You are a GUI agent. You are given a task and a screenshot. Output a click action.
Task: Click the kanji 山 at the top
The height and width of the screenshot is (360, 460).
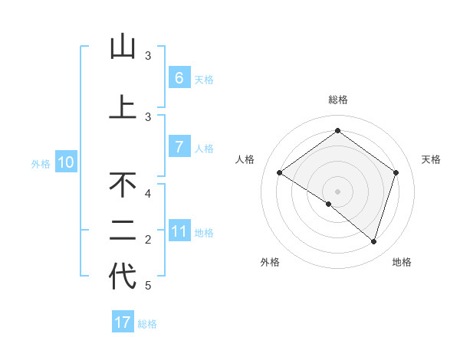pyautogui.click(x=123, y=47)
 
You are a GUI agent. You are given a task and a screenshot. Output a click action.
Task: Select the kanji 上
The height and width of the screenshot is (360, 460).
pyautogui.click(x=123, y=107)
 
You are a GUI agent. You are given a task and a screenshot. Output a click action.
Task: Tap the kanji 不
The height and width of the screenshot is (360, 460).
pyautogui.click(x=123, y=185)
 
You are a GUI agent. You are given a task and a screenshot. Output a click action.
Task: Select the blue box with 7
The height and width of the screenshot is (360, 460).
pyautogui.click(x=179, y=147)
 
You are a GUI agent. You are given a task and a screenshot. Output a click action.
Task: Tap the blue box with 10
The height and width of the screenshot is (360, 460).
pyautogui.click(x=66, y=162)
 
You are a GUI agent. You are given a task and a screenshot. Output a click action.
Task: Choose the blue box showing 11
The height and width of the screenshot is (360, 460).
pyautogui.click(x=179, y=231)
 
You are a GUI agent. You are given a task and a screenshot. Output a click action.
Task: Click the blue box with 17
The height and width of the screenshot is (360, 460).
pyautogui.click(x=123, y=322)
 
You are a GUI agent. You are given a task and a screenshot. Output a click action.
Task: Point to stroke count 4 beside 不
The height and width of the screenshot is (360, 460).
pyautogui.click(x=148, y=193)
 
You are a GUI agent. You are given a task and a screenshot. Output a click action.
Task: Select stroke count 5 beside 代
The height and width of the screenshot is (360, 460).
pyautogui.click(x=148, y=286)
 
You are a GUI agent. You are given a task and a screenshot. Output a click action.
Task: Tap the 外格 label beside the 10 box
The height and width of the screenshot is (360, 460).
pyautogui.click(x=40, y=163)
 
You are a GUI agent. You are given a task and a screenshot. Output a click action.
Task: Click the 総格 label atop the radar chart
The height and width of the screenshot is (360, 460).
pyautogui.click(x=337, y=100)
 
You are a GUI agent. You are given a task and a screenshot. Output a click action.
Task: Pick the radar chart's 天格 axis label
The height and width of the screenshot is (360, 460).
pyautogui.click(x=431, y=159)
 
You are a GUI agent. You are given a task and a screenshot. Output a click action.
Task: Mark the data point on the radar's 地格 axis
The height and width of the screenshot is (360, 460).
pyautogui.click(x=373, y=241)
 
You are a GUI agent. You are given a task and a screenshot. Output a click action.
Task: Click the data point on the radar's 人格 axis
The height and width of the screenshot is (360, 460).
pyautogui.click(x=279, y=172)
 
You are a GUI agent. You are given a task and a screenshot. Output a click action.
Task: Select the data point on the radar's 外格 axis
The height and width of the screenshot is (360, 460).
pyautogui.click(x=329, y=204)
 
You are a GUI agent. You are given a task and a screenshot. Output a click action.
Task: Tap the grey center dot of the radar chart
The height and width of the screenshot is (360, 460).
pyautogui.click(x=337, y=191)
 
